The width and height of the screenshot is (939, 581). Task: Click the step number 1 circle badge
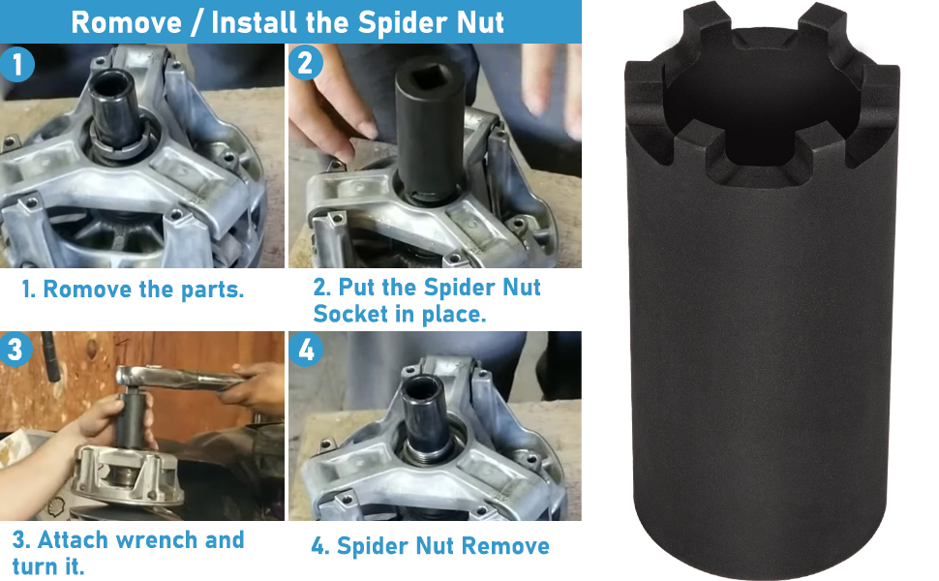pyautogui.click(x=17, y=65)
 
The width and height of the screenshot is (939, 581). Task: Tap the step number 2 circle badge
pyautogui.click(x=306, y=64)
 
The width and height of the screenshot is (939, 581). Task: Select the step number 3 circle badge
pyautogui.click(x=15, y=350)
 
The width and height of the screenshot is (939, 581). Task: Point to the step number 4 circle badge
pyautogui.click(x=306, y=351)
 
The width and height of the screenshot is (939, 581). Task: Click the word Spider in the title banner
pyautogui.click(x=370, y=22)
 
